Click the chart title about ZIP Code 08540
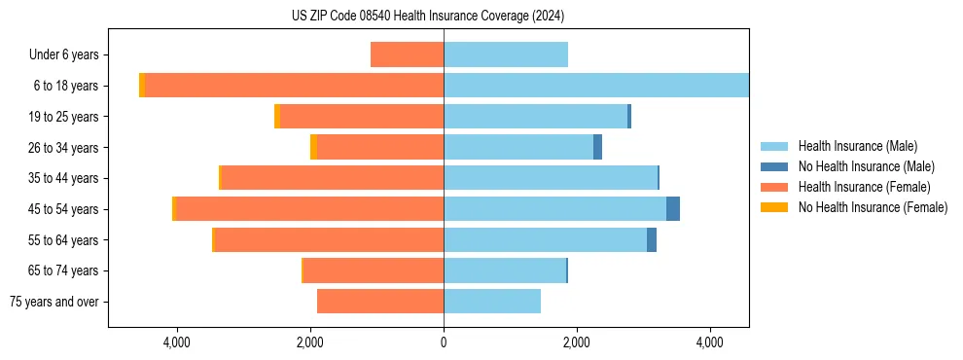click(427, 17)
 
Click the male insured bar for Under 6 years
click(506, 54)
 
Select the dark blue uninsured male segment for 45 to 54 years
click(673, 209)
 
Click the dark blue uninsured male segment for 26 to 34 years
click(597, 147)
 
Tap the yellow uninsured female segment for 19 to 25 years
click(277, 117)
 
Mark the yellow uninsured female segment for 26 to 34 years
click(313, 147)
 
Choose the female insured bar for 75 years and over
click(380, 302)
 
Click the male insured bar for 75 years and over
click(492, 302)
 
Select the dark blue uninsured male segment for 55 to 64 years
click(652, 239)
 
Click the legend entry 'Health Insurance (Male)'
click(856, 146)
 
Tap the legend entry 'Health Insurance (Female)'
click(860, 187)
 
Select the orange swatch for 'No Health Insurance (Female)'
click(774, 207)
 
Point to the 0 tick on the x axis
click(444, 342)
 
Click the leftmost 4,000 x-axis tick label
click(177, 342)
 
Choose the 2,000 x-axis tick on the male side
click(577, 342)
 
